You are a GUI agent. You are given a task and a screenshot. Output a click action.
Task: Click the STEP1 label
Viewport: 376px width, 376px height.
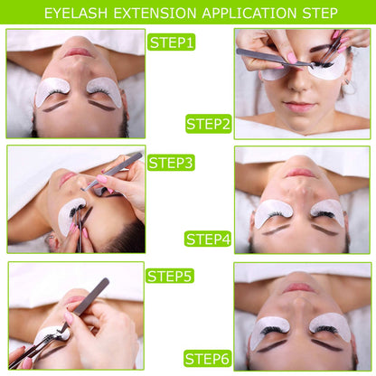tap(172, 42)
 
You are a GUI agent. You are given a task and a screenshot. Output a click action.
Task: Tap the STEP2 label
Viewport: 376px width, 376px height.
tap(209, 124)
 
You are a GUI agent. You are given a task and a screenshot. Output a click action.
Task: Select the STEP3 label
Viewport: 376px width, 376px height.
tap(171, 163)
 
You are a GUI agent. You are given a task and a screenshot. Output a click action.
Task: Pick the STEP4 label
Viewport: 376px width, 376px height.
tap(209, 239)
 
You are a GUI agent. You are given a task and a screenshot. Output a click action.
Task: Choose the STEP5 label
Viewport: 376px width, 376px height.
tap(171, 277)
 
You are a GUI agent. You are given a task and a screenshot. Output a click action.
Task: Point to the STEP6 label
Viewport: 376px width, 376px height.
tap(209, 359)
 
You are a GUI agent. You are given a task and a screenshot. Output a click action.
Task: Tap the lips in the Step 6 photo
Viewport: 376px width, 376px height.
tap(301, 288)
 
